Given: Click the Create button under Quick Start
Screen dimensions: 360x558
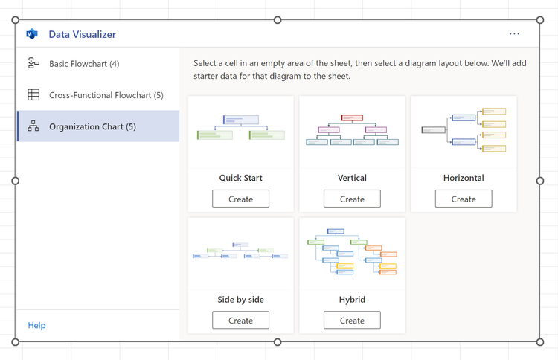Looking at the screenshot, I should coord(240,199).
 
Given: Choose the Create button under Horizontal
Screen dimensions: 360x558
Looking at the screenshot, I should coord(463,199).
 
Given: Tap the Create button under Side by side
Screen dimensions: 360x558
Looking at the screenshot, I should coord(240,321).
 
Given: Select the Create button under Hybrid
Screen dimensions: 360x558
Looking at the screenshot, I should coord(352,321).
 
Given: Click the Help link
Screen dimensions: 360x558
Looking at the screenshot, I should coord(36,325).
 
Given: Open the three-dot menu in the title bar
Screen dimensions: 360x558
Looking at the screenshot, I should coord(514,34).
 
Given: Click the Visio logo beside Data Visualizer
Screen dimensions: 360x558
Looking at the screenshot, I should coord(32,34).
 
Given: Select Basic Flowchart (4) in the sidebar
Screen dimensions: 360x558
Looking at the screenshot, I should coord(83,64).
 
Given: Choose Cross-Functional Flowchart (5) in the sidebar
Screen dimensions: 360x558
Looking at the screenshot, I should coord(106,95).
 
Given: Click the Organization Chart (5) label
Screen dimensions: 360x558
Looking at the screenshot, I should coord(92,126).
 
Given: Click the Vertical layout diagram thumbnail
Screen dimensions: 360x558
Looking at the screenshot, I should coord(352,129).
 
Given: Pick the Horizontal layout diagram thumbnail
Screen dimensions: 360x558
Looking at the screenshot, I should coord(464,129).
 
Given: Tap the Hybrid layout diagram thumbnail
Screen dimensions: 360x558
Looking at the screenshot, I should coord(352,251).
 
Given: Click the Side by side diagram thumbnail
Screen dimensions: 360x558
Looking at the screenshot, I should coord(240,251).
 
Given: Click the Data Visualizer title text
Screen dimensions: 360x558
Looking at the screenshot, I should coord(82,34).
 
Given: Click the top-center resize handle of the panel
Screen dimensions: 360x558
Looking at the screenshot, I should coord(278,20).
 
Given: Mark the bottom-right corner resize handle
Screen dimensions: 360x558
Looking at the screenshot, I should coord(540,342).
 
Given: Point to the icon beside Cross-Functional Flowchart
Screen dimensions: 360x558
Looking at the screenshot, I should coord(33,95).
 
